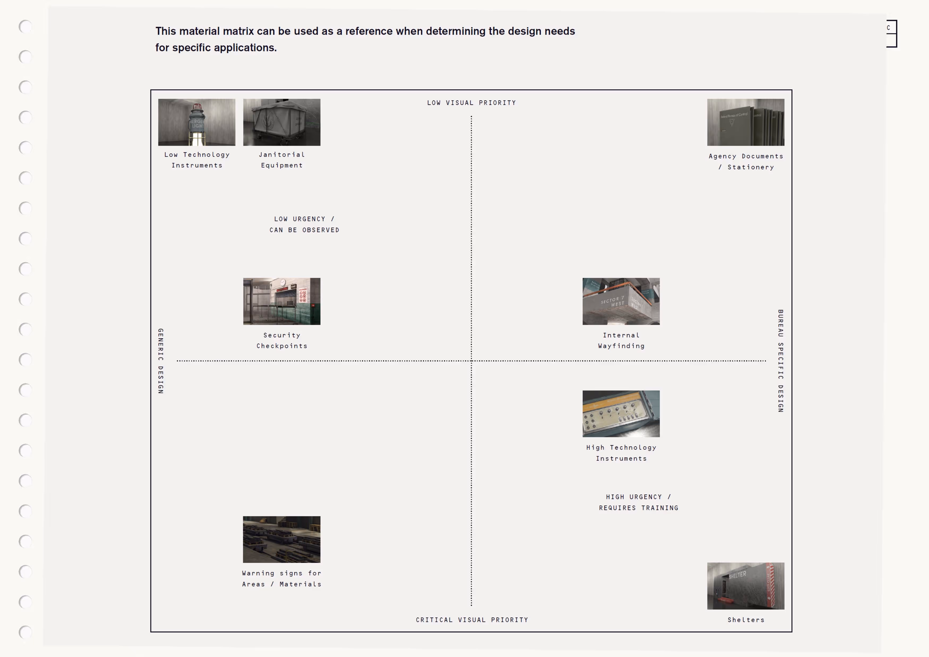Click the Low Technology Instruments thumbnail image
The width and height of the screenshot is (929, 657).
coord(197,122)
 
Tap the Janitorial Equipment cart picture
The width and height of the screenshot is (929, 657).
coord(282,122)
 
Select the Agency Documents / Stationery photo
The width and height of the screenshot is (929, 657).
coord(745,122)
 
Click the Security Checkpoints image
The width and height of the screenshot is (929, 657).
coord(282,301)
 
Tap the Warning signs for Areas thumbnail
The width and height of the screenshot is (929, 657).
coord(282,539)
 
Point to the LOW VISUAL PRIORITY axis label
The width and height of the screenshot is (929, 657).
coord(471,103)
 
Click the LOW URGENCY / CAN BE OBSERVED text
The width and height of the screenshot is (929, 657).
coord(304,224)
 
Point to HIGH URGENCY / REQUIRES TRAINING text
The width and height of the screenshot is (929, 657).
coord(638,502)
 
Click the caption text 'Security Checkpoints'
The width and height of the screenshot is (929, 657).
coord(282,340)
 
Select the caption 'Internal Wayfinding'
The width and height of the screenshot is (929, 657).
coord(621,340)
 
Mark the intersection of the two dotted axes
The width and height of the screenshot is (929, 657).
coord(471,360)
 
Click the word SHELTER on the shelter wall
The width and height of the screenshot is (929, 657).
coord(737,575)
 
